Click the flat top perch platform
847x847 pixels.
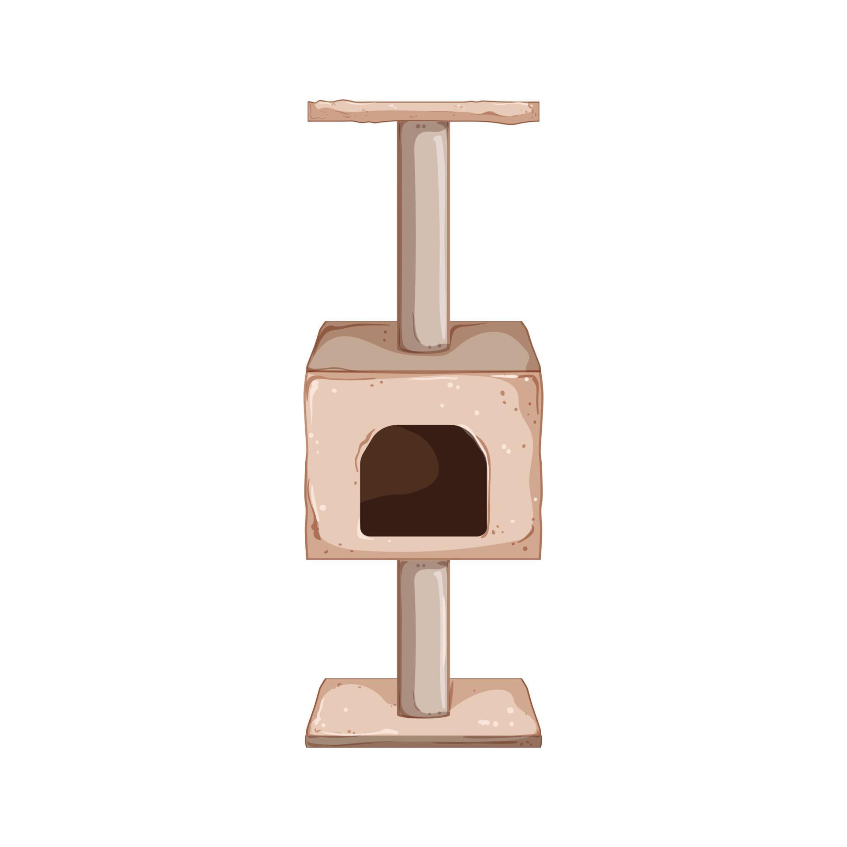(x=423, y=111)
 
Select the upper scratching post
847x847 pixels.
(x=423, y=229)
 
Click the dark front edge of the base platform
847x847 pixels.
(x=423, y=742)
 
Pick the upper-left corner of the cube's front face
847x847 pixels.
(x=307, y=373)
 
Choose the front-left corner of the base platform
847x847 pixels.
(x=307, y=746)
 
